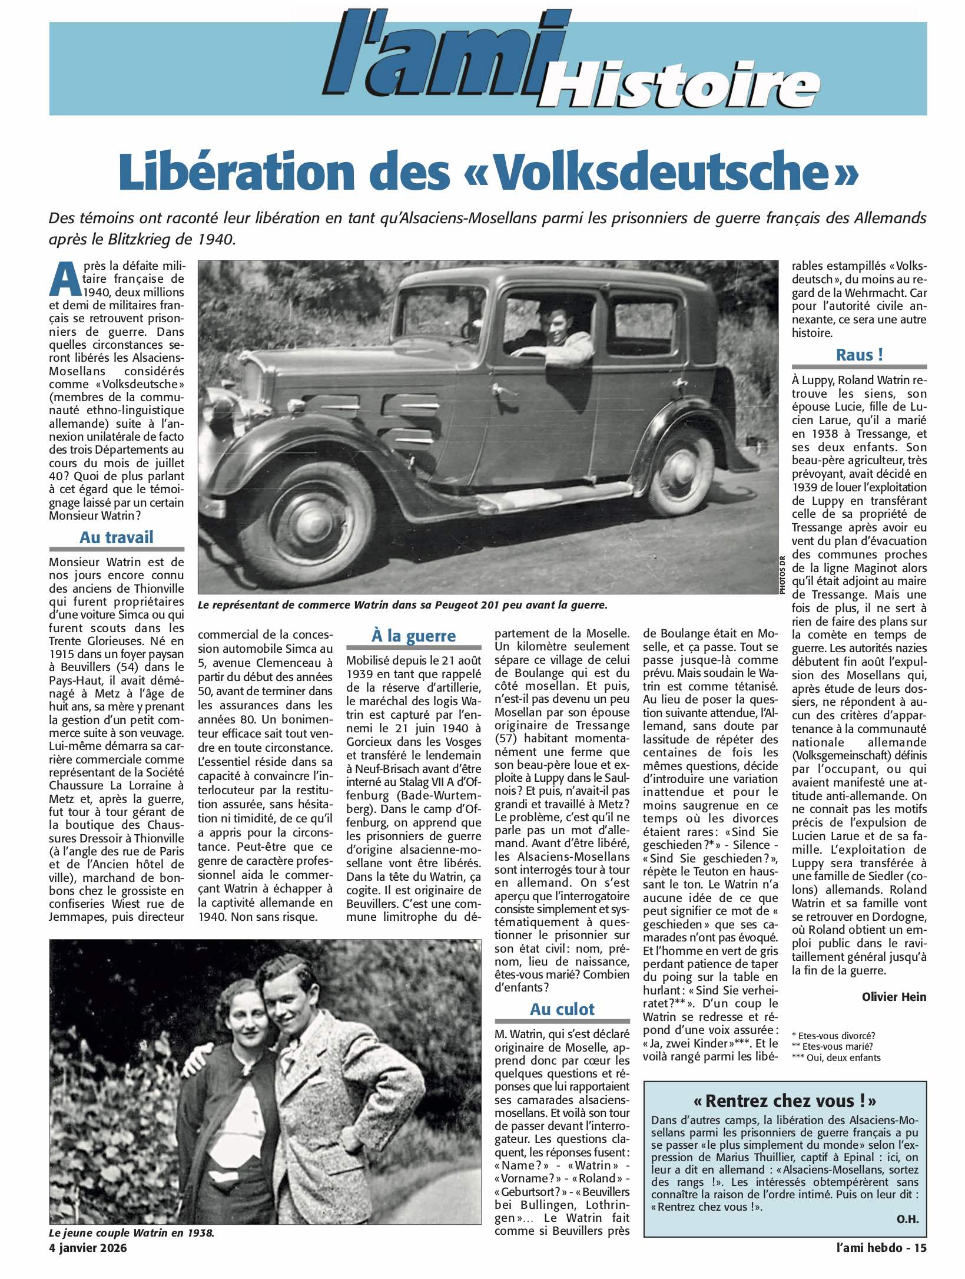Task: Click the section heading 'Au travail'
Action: tap(116, 537)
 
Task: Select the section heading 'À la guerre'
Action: tap(413, 636)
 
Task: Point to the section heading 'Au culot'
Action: tap(562, 1009)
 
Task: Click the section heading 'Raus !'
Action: tap(859, 355)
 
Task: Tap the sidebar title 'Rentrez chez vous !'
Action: tap(785, 1100)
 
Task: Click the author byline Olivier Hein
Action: tap(894, 997)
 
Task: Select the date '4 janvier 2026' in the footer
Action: tap(88, 1248)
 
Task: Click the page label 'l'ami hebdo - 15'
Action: tap(881, 1247)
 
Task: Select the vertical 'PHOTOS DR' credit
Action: tap(782, 575)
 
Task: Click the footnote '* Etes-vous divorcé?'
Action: tap(833, 1036)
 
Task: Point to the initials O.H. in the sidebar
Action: tap(907, 1219)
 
